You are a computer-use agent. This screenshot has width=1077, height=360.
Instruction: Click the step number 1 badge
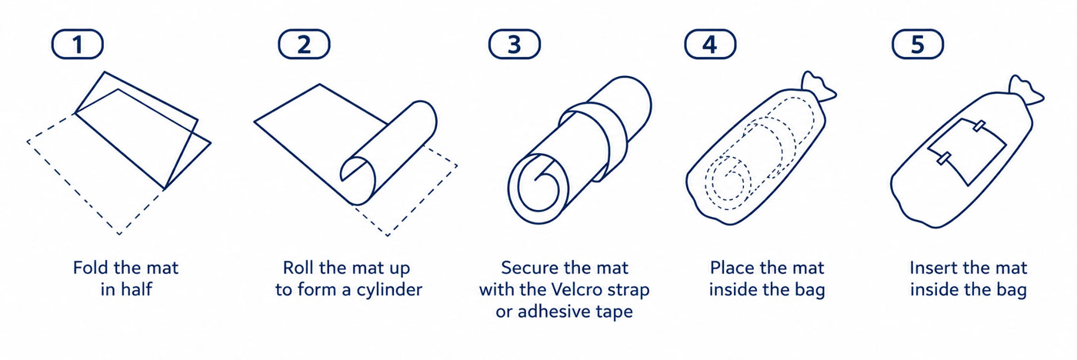click(78, 44)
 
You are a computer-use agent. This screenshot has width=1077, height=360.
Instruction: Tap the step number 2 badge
click(304, 44)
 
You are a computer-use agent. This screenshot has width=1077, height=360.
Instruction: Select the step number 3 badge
click(515, 44)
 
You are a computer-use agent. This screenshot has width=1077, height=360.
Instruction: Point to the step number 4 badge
click(710, 44)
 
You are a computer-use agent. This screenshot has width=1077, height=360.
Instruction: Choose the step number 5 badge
click(917, 44)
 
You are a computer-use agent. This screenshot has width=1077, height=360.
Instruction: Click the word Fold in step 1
click(91, 268)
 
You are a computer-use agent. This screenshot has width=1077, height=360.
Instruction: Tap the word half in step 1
click(136, 289)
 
